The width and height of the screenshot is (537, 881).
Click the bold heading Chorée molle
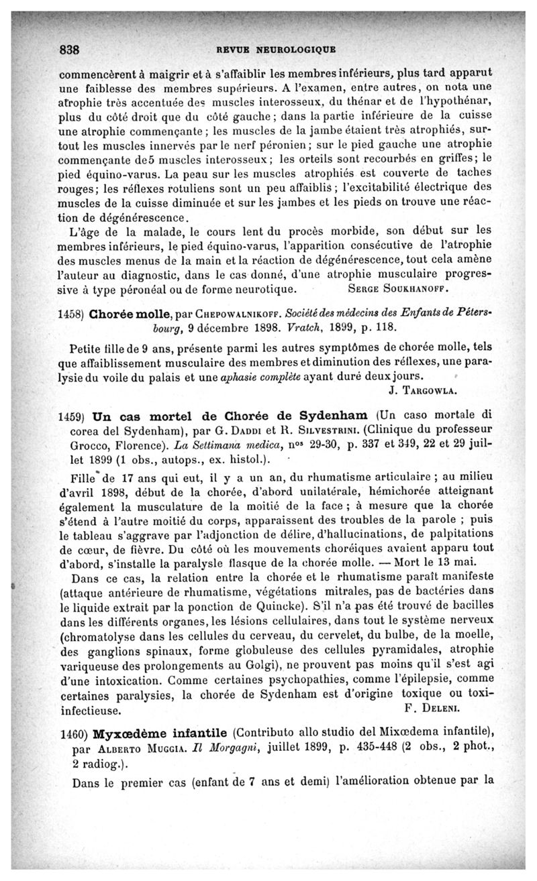click(133, 314)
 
